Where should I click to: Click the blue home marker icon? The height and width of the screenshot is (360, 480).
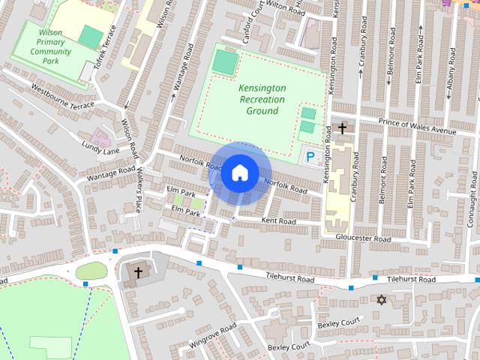239,173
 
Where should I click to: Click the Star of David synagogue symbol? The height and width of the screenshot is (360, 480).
381,300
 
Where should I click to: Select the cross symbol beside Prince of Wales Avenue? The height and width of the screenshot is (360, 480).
343,128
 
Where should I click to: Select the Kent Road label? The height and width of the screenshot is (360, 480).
279,221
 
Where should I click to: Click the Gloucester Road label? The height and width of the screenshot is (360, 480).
363,239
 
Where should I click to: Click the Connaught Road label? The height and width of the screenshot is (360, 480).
472,190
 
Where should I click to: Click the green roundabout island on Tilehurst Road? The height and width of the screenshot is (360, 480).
91,270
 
